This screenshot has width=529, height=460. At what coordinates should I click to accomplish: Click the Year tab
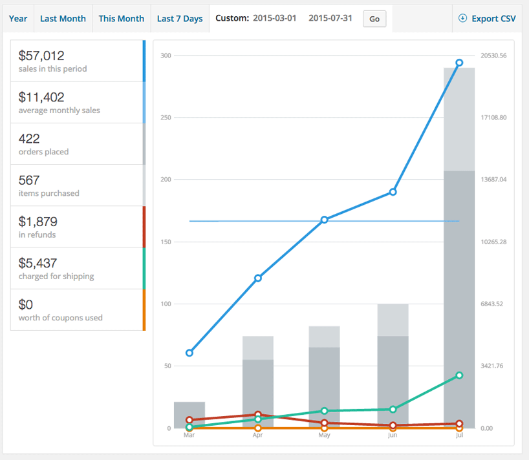pyautogui.click(x=18, y=19)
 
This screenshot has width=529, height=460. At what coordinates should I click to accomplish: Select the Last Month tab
pyautogui.click(x=63, y=19)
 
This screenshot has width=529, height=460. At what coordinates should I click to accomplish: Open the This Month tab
pyautogui.click(x=122, y=19)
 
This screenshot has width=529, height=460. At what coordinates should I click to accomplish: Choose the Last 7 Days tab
pyautogui.click(x=180, y=19)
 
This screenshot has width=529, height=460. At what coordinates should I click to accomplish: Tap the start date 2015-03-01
pyautogui.click(x=275, y=18)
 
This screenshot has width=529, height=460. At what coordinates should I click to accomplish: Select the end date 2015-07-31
pyautogui.click(x=330, y=18)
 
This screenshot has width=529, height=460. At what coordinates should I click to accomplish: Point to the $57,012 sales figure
pyautogui.click(x=41, y=56)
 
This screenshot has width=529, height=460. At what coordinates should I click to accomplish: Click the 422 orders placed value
pyautogui.click(x=29, y=138)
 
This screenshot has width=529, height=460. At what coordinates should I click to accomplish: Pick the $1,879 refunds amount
pyautogui.click(x=38, y=222)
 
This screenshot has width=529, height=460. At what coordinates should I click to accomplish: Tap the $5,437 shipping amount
pyautogui.click(x=38, y=263)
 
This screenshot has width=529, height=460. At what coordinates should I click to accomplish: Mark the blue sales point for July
pyautogui.click(x=459, y=63)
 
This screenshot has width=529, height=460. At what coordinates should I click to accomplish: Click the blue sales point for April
pyautogui.click(x=258, y=278)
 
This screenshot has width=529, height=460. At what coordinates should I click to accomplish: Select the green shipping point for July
pyautogui.click(x=459, y=375)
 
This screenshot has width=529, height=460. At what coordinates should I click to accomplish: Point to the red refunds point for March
pyautogui.click(x=189, y=420)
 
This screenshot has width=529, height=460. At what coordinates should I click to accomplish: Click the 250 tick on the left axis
pyautogui.click(x=166, y=118)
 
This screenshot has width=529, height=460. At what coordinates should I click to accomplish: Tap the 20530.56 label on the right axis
pyautogui.click(x=493, y=56)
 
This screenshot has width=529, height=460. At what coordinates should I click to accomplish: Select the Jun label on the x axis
pyautogui.click(x=393, y=435)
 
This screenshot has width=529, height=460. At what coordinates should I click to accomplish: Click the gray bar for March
pyautogui.click(x=189, y=415)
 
